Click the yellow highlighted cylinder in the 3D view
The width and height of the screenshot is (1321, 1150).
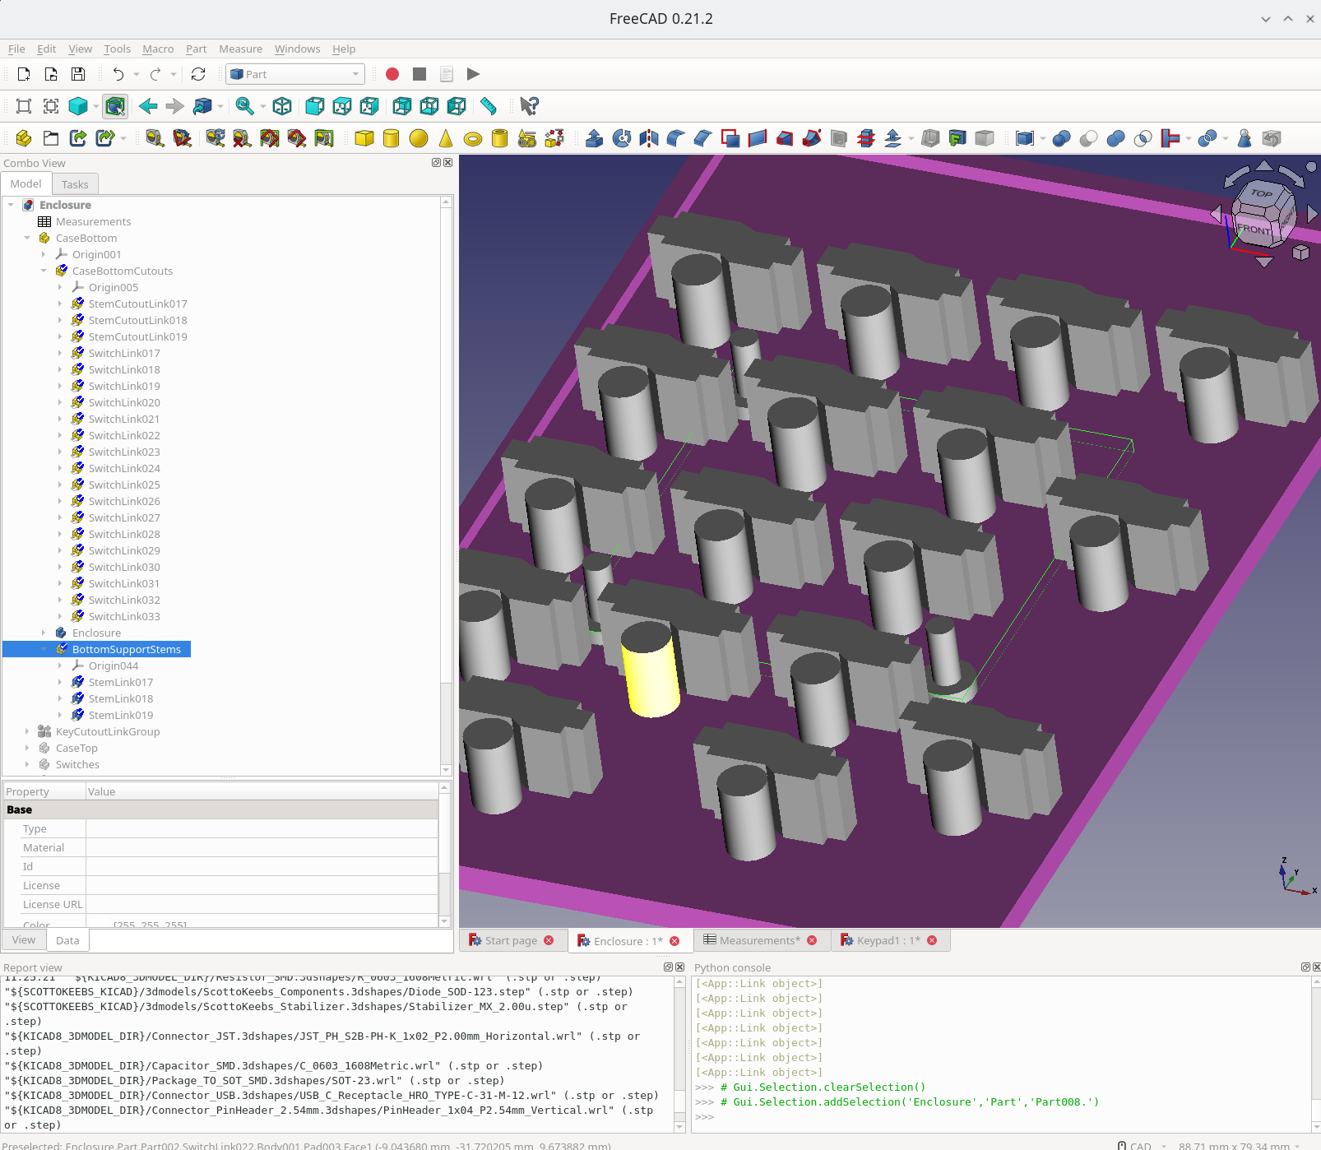650,670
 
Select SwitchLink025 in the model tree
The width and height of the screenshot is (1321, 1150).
124,485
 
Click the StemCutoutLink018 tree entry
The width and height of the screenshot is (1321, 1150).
137,320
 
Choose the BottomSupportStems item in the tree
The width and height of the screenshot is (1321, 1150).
126,649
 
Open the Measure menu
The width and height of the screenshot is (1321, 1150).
240,49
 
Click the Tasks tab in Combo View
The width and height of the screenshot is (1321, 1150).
75,184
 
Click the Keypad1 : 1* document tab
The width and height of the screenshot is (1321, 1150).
888,940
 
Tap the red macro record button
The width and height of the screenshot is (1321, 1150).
392,74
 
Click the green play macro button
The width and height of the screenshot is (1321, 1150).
473,74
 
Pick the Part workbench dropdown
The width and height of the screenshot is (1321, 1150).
294,74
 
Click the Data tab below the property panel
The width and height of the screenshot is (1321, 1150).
67,940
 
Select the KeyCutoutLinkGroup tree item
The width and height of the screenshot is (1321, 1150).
108,731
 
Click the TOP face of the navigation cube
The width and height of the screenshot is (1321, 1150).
1261,194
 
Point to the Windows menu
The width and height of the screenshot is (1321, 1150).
297,49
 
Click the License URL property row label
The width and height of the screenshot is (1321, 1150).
53,904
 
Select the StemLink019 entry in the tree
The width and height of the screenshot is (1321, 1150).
120,715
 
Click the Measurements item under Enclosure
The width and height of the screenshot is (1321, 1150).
93,221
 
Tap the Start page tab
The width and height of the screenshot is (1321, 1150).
510,940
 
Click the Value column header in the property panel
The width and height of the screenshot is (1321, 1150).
102,791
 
